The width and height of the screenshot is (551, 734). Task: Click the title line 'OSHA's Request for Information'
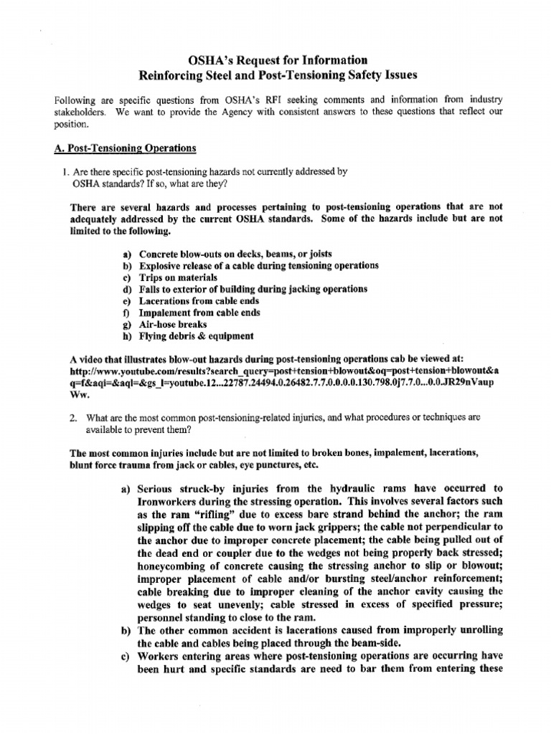point(275,59)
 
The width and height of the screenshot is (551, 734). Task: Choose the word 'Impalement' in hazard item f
point(167,313)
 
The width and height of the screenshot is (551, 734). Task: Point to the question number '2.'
point(72,416)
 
